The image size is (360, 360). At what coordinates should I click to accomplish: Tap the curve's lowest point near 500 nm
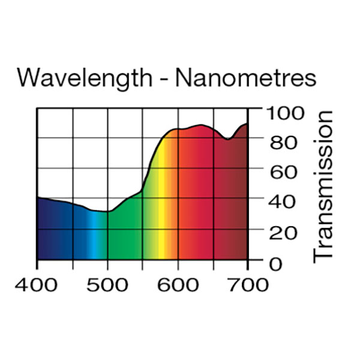point(106,211)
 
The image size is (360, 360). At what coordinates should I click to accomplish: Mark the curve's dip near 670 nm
point(228,139)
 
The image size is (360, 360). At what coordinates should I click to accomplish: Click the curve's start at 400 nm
point(38,197)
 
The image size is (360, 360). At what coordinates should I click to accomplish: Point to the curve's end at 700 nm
point(247,124)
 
